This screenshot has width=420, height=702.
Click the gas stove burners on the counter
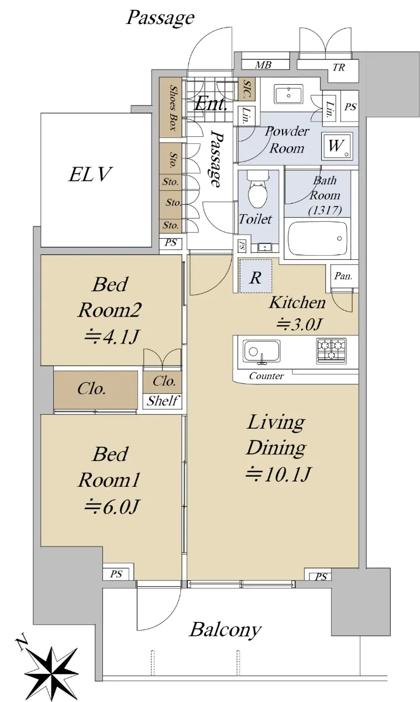331,350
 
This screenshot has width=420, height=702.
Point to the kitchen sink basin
261,352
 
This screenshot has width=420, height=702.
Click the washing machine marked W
337,146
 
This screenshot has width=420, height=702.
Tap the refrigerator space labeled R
256,276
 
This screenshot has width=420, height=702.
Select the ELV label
90,174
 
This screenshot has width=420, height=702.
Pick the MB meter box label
263,65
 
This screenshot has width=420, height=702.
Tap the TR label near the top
339,67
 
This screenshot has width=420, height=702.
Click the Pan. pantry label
343,276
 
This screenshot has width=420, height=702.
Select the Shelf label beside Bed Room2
163,401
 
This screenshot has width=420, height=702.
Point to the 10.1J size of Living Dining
278,474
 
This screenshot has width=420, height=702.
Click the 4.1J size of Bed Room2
112,337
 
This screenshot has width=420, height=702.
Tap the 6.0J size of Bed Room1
112,507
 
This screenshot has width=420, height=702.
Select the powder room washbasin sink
288,94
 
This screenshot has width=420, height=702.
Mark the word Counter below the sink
266,376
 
